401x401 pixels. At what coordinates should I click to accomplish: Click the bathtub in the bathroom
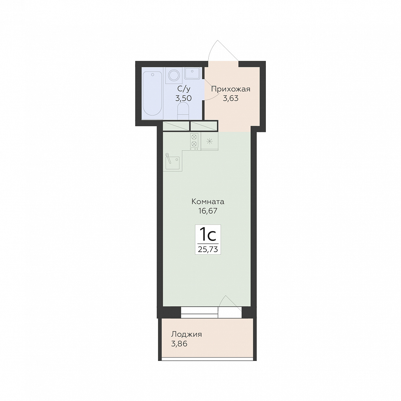point(153,94)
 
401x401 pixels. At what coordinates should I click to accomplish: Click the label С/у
point(184,89)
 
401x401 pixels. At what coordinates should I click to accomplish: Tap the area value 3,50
point(183,98)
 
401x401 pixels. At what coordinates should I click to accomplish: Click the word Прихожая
point(231,89)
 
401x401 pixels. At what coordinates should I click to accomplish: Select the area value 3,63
point(231,98)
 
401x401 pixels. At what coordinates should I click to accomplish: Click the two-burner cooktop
point(194,141)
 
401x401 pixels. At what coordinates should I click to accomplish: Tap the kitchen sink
point(172,162)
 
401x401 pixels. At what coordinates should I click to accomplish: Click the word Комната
point(208,202)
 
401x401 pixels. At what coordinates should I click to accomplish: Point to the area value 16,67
point(208,211)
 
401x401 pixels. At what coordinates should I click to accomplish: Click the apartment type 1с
point(208,235)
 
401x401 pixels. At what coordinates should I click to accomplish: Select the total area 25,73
point(208,249)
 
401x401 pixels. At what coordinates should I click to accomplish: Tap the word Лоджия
point(186,335)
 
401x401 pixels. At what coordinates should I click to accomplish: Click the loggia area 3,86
point(179,344)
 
